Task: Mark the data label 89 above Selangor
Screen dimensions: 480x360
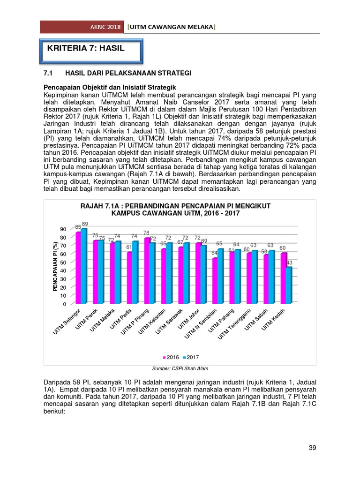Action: click(x=85, y=224)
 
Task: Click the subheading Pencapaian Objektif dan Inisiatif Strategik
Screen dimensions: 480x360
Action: click(x=110, y=88)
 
